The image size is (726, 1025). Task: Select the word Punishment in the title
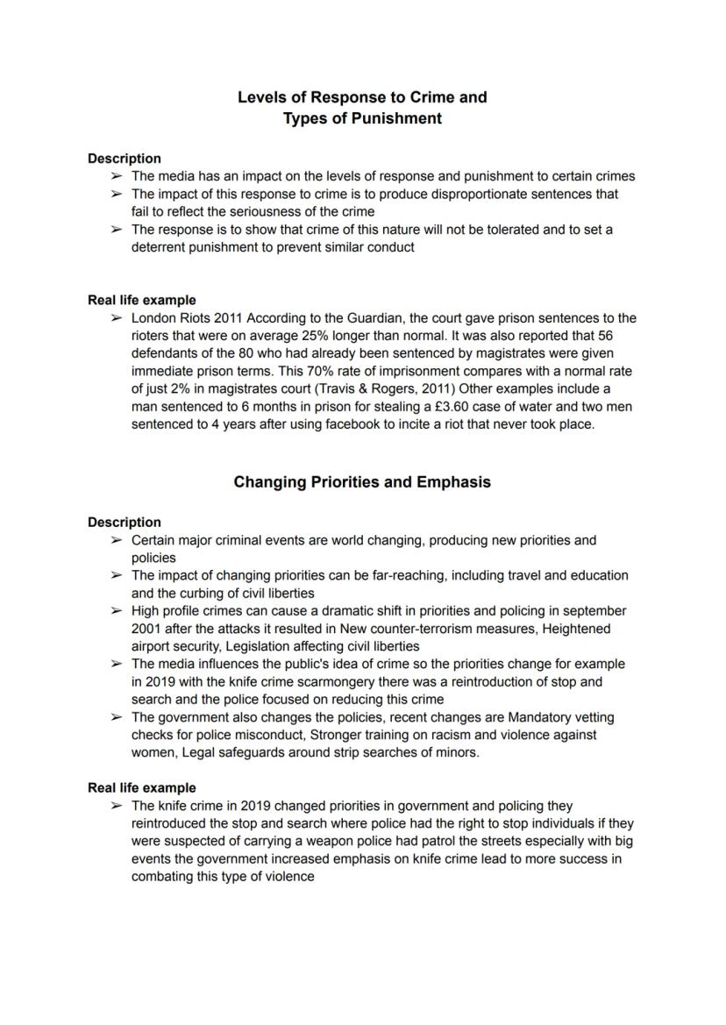[399, 118]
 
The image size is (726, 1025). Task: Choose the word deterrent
[162, 247]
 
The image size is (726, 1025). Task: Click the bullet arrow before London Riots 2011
[117, 318]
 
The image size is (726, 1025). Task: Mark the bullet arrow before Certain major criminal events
[117, 540]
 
